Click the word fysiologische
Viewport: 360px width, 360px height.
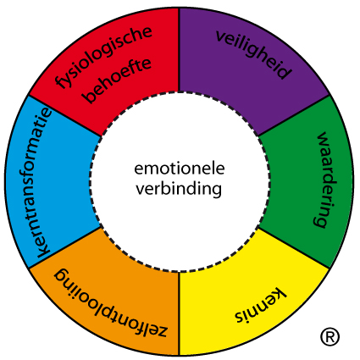[104, 57]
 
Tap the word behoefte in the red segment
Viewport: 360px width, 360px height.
[118, 80]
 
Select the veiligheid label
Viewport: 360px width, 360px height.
[253, 54]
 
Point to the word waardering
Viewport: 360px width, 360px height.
[325, 180]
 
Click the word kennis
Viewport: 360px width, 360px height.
[261, 306]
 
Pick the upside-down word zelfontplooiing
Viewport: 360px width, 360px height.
[111, 302]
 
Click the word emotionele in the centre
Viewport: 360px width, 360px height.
[180, 169]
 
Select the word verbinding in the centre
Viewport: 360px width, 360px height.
[179, 189]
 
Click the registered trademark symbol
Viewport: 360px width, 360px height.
[330, 336]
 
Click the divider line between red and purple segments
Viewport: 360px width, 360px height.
[179, 50]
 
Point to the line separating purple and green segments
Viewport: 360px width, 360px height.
[294, 115]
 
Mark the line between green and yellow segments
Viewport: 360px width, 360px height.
[294, 247]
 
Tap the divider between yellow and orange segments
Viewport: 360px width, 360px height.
[179, 313]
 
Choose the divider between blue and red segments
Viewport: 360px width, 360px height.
[64, 116]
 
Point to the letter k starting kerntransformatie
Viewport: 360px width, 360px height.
[43, 252]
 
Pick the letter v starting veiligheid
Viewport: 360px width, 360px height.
[221, 36]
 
